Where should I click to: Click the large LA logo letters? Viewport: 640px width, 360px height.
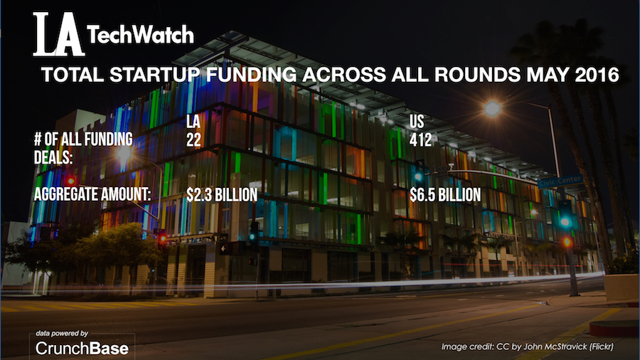[x=58, y=33]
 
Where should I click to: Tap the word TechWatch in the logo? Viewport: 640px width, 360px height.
[x=139, y=35]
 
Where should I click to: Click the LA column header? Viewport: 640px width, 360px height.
[x=193, y=123]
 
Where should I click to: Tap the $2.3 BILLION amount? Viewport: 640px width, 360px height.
[x=220, y=193]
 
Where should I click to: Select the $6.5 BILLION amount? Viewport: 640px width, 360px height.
[x=446, y=193]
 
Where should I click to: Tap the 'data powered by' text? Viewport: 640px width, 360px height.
[x=63, y=333]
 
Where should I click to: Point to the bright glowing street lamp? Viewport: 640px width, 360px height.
[x=492, y=108]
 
